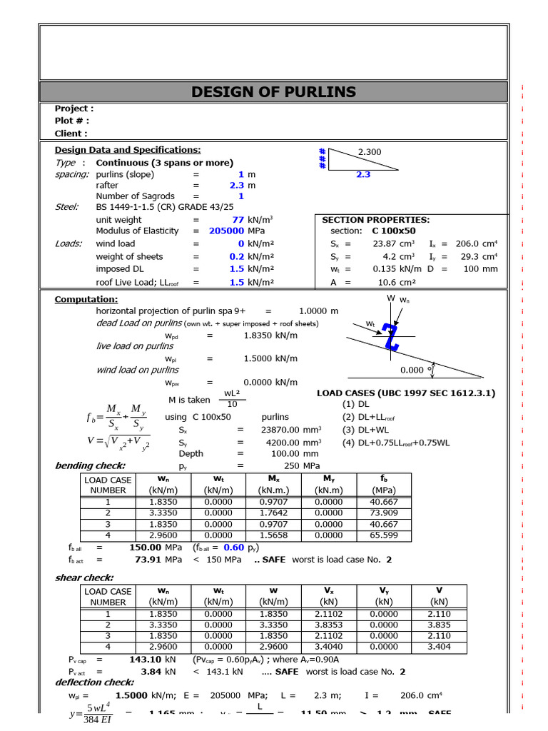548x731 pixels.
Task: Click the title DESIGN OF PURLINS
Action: point(274,91)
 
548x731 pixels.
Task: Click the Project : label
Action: point(73,109)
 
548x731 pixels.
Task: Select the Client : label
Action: point(71,133)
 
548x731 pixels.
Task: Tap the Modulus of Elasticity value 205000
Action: point(227,231)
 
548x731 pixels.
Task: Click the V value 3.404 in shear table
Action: point(439,646)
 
